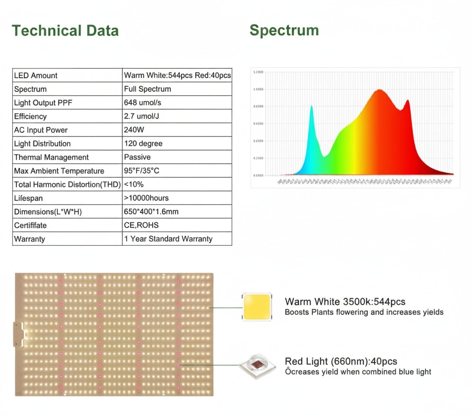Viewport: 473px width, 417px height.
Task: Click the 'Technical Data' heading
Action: [65, 31]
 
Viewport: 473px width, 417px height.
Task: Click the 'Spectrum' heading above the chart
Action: [284, 30]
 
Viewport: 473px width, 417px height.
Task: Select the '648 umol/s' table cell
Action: [142, 103]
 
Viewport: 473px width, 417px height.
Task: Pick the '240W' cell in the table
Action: [134, 130]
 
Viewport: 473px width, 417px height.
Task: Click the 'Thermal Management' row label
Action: [51, 157]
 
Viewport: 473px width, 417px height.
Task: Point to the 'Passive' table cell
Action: [137, 157]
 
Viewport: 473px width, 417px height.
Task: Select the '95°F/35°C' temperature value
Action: [142, 171]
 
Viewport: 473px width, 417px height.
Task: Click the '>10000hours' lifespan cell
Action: [147, 198]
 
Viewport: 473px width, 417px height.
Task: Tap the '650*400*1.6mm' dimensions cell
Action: [151, 212]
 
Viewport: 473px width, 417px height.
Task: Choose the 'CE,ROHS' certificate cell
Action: [141, 225]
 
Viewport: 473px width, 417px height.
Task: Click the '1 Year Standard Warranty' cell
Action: [168, 239]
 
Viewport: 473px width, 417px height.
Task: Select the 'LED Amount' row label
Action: [36, 76]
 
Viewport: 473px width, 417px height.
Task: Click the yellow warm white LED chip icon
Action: [256, 307]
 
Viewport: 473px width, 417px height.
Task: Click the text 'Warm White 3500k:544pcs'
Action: [345, 301]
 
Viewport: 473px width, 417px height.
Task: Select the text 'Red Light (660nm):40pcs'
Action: [341, 361]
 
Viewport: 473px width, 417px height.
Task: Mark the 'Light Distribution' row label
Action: [42, 144]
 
